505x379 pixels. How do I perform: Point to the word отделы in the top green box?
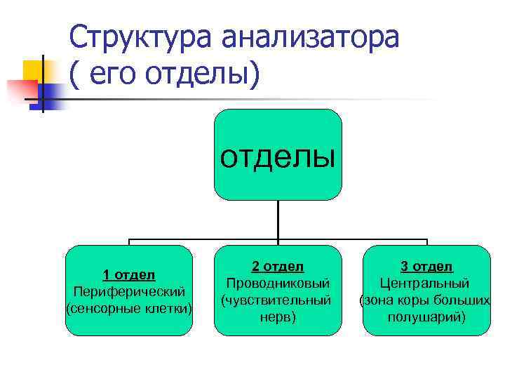pyautogui.click(x=278, y=157)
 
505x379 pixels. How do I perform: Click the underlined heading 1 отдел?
pyautogui.click(x=129, y=274)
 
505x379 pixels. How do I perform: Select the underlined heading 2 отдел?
pyautogui.click(x=278, y=267)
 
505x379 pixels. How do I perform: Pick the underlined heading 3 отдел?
pyautogui.click(x=426, y=267)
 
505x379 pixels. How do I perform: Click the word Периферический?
pyautogui.click(x=129, y=291)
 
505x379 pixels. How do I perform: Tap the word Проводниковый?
pyautogui.click(x=278, y=284)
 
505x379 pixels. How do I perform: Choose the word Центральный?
pyautogui.click(x=426, y=284)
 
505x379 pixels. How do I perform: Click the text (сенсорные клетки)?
pyautogui.click(x=129, y=308)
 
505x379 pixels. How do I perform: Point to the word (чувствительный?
pyautogui.click(x=278, y=300)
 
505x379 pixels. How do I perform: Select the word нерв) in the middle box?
pyautogui.click(x=278, y=317)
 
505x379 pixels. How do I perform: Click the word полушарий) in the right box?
pyautogui.click(x=426, y=317)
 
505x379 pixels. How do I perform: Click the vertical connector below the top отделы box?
pyautogui.click(x=278, y=219)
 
